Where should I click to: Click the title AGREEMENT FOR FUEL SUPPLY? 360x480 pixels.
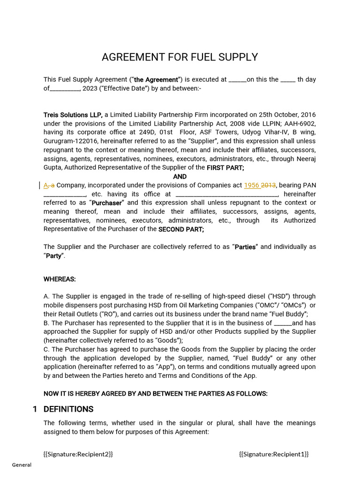[x=180, y=57]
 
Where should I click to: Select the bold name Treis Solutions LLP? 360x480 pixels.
[x=73, y=115]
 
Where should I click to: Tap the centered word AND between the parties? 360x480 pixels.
[x=180, y=177]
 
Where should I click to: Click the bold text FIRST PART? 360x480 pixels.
[x=225, y=168]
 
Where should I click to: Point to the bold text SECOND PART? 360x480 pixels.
[x=181, y=229]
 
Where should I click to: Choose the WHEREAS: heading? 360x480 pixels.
[x=60, y=279]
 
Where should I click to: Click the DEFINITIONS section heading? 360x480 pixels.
[x=68, y=409]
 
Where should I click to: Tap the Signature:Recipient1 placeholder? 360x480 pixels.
[x=274, y=454]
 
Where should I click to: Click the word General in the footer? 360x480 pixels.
[x=22, y=465]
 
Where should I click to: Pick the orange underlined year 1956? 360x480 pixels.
[x=252, y=185]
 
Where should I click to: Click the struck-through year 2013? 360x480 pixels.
[x=269, y=185]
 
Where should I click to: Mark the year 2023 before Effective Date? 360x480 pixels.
[x=90, y=89]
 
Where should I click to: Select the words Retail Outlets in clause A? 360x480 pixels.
[x=77, y=314]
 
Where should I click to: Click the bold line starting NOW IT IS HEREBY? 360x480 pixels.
[x=156, y=394]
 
